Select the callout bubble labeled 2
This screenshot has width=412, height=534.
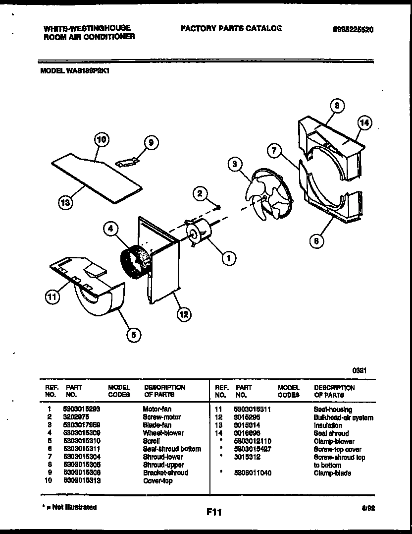pos(200,194)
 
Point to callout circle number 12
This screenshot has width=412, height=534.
pos(184,314)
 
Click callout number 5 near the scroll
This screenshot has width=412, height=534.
pos(132,335)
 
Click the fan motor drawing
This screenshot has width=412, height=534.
pos(199,234)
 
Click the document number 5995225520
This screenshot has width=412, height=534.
pos(353,29)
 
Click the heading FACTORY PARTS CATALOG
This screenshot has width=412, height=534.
pos(231,28)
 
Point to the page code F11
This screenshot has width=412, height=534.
pos(213,513)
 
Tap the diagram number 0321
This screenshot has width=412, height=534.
pos(360,370)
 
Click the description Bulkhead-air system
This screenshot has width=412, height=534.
pos(343,417)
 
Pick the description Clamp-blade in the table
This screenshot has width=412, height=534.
pos(332,473)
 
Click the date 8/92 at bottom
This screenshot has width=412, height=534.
pos(367,509)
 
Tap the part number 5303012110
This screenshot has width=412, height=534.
pos(253,441)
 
